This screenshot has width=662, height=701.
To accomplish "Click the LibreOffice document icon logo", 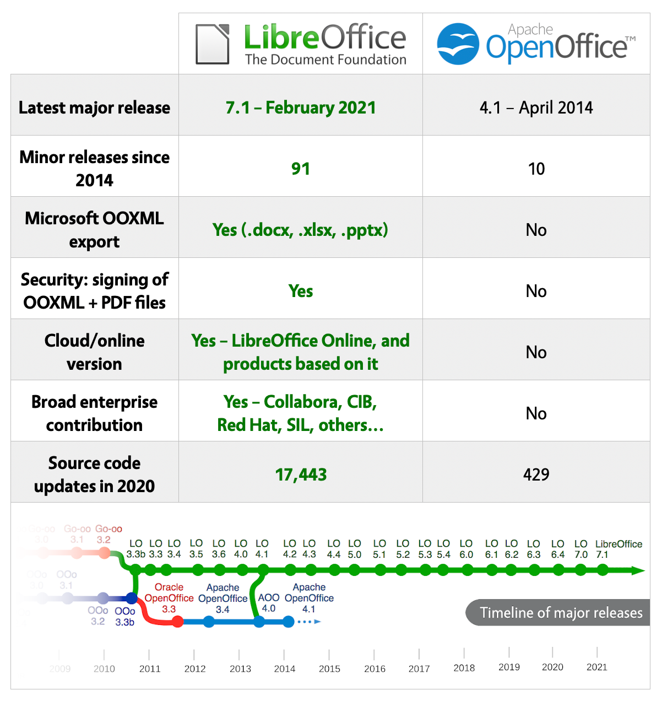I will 213,44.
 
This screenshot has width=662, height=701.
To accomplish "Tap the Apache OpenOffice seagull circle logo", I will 458,44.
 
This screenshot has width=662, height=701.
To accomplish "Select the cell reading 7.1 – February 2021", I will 301,107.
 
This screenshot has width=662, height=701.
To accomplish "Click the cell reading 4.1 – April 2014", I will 536,107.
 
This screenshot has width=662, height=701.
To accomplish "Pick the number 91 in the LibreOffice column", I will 301,169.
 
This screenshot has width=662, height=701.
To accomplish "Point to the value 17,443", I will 301,474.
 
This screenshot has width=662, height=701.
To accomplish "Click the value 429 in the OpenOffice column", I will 536,474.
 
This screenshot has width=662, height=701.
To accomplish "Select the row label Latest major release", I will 94,107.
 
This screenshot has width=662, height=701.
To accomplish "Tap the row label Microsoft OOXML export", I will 94,230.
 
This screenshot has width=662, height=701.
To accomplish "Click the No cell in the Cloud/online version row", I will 536,352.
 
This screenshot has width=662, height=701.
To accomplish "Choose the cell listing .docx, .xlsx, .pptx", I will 301,230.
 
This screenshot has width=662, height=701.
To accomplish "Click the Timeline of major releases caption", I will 561,613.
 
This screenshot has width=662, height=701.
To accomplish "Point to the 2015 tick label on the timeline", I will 329,668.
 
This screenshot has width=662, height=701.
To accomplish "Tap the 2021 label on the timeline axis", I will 596,667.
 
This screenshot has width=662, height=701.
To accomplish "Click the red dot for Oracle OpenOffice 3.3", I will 177,622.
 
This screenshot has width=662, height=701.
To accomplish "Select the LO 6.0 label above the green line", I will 466,549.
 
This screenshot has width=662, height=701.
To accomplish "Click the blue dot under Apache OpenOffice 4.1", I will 288,622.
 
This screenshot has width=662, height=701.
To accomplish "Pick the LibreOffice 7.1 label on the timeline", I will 611,549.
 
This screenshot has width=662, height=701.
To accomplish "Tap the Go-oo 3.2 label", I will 108,534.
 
